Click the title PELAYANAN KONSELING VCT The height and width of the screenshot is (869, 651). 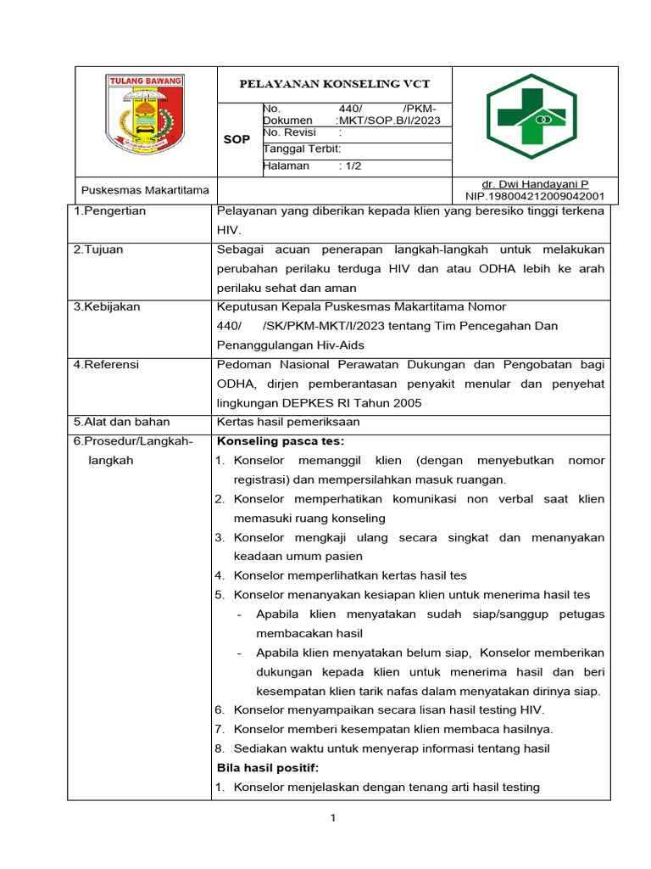(334, 84)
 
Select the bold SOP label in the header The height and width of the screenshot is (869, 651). (236, 139)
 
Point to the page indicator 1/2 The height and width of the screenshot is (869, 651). (350, 166)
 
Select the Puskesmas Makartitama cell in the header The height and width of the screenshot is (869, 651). (144, 190)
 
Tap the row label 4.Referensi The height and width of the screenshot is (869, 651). (107, 365)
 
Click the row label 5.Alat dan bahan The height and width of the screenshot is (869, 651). (121, 422)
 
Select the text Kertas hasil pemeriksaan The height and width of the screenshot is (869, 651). (288, 422)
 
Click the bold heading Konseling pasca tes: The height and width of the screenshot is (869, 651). (281, 441)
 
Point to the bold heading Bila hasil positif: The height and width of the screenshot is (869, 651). (268, 768)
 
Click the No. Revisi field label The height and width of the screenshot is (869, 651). (289, 133)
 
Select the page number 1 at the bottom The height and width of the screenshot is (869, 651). (334, 818)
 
